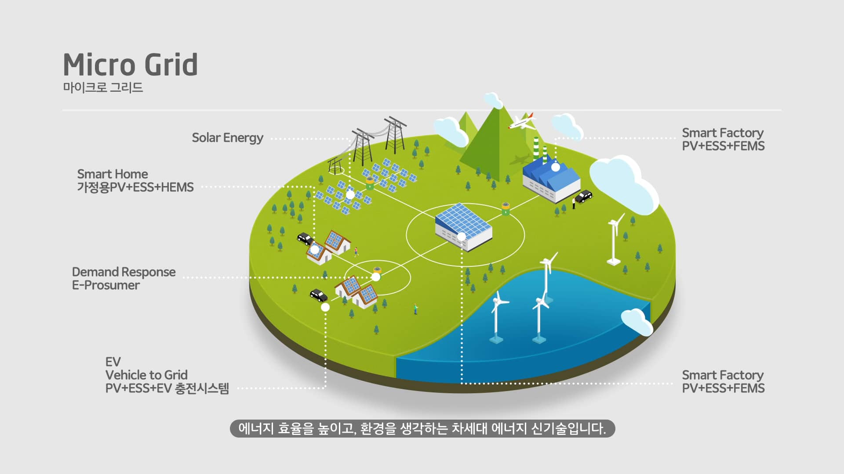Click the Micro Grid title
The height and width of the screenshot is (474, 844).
pyautogui.click(x=130, y=65)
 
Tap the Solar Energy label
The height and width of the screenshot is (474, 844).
pyautogui.click(x=227, y=138)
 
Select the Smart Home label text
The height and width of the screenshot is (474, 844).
pyautogui.click(x=113, y=174)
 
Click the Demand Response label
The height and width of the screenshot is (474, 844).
pyautogui.click(x=124, y=272)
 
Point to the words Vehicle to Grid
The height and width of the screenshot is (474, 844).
pyautogui.click(x=146, y=375)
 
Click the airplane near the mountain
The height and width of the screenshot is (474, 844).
pyautogui.click(x=522, y=121)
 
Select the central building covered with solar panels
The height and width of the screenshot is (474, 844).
pyautogui.click(x=463, y=226)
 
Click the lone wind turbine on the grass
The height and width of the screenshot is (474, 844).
pyautogui.click(x=614, y=239)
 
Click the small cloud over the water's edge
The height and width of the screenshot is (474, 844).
pyautogui.click(x=637, y=321)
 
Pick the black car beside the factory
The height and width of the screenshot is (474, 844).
pyautogui.click(x=584, y=196)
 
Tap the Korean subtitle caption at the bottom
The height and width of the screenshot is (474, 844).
pyautogui.click(x=422, y=428)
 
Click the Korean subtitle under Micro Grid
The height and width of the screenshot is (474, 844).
pyautogui.click(x=103, y=87)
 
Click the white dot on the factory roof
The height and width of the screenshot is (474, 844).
pyautogui.click(x=556, y=167)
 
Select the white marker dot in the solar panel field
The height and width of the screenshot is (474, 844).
pyautogui.click(x=350, y=194)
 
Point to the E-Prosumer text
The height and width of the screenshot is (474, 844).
pyautogui.click(x=106, y=285)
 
